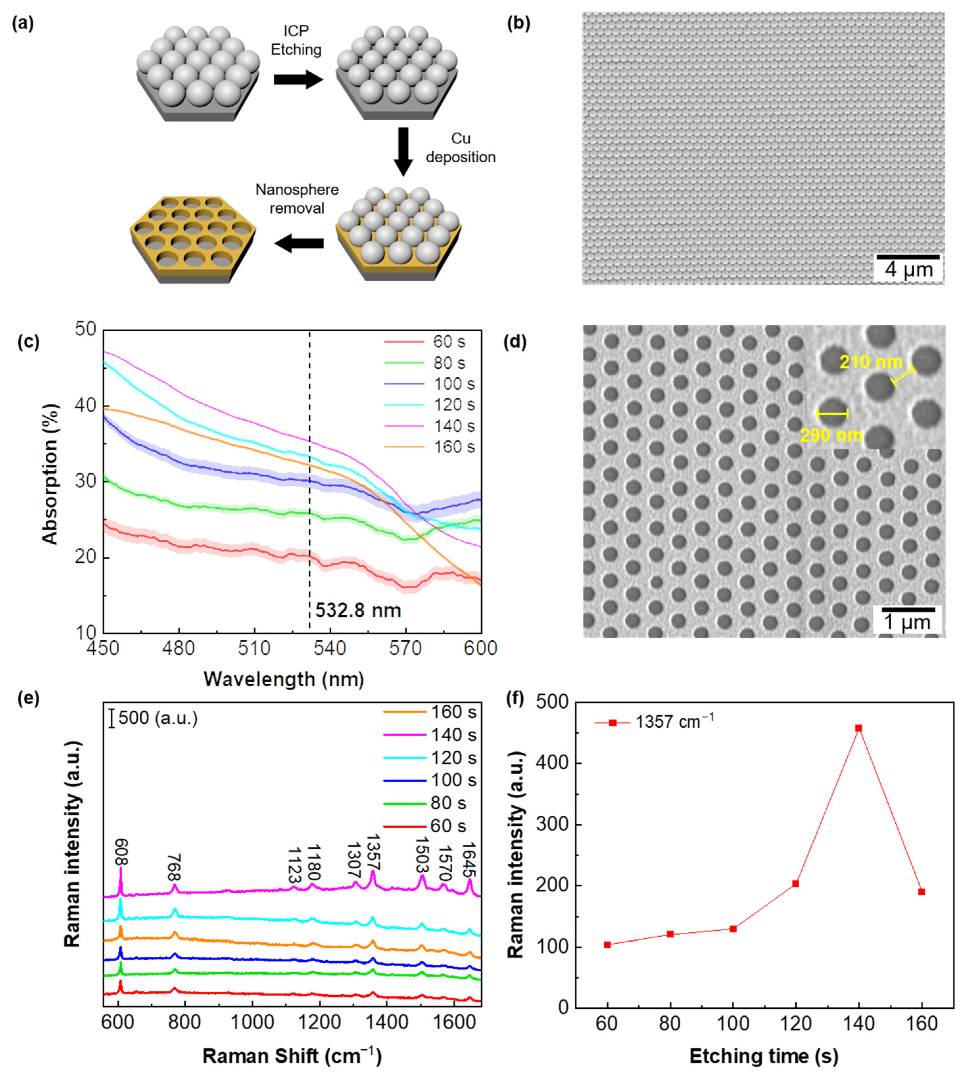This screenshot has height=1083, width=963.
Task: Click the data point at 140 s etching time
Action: pyautogui.click(x=859, y=728)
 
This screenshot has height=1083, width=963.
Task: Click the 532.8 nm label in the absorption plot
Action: pyautogui.click(x=358, y=610)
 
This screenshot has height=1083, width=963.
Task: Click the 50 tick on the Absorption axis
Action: pyautogui.click(x=86, y=330)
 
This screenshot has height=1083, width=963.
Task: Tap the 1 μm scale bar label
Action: pyautogui.click(x=907, y=623)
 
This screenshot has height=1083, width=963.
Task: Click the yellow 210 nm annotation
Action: pyautogui.click(x=871, y=363)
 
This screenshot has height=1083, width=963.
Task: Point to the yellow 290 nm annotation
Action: pyautogui.click(x=831, y=436)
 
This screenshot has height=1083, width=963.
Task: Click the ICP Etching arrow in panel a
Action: pyautogui.click(x=298, y=80)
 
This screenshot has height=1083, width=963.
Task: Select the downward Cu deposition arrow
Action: pyautogui.click(x=403, y=151)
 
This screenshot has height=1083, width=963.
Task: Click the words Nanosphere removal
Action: pyautogui.click(x=297, y=199)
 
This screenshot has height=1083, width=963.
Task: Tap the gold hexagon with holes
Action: pyautogui.click(x=193, y=238)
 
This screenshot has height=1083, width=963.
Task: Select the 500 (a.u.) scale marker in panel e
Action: pyautogui.click(x=153, y=718)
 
